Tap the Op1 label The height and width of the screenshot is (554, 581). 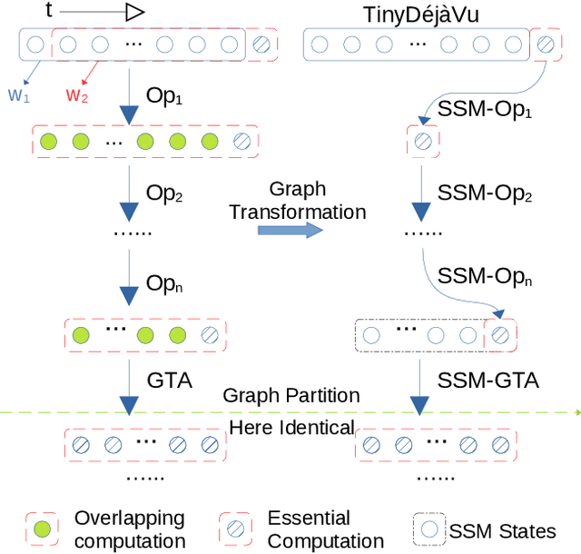pos(164,98)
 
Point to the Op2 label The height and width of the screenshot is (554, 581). pos(164,193)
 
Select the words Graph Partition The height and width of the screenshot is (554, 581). pos(291,395)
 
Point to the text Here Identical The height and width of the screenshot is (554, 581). pos(291,427)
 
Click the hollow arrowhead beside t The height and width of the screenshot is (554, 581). pos(134,12)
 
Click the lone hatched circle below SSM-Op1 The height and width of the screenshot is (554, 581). pos(423,141)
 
